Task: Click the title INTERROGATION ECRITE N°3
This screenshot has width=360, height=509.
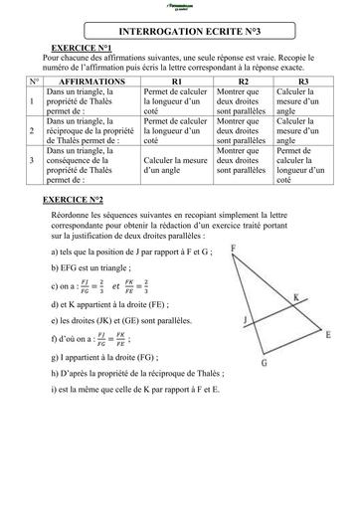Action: coord(180,31)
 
